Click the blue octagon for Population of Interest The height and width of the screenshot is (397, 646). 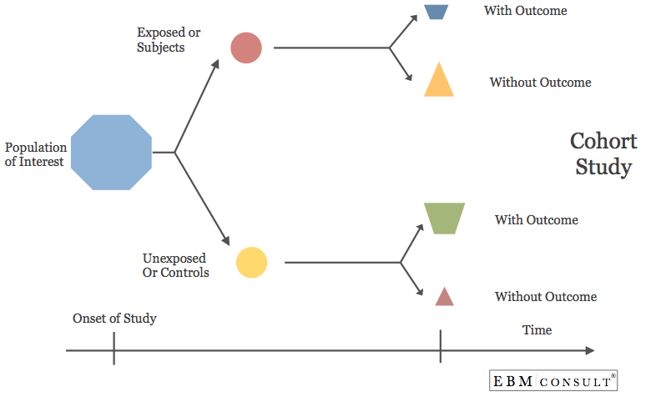tap(111, 153)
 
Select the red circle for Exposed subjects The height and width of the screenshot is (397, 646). tap(246, 48)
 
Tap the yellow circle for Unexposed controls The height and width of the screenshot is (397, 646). tap(251, 262)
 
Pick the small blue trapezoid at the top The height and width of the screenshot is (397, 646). tap(437, 11)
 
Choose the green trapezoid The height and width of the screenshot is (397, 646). tap(444, 218)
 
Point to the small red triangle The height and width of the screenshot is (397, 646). tap(444, 298)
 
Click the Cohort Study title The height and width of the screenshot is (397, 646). tap(603, 153)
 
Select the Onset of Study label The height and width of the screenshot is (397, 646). tap(114, 319)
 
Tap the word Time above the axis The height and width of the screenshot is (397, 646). tap(537, 330)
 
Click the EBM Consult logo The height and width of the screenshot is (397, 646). tap(553, 381)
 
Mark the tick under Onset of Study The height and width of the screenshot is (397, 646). tap(114, 349)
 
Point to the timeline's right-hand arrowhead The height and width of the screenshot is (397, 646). tap(590, 350)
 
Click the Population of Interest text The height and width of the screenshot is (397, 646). tap(36, 154)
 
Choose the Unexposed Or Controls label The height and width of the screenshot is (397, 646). tap(176, 264)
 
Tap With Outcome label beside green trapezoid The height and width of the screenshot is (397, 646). tap(536, 220)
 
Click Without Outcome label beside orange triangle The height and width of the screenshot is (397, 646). tap(540, 83)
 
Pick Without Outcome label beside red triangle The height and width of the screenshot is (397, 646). tap(545, 297)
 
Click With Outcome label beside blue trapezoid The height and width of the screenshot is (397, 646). tap(525, 11)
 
